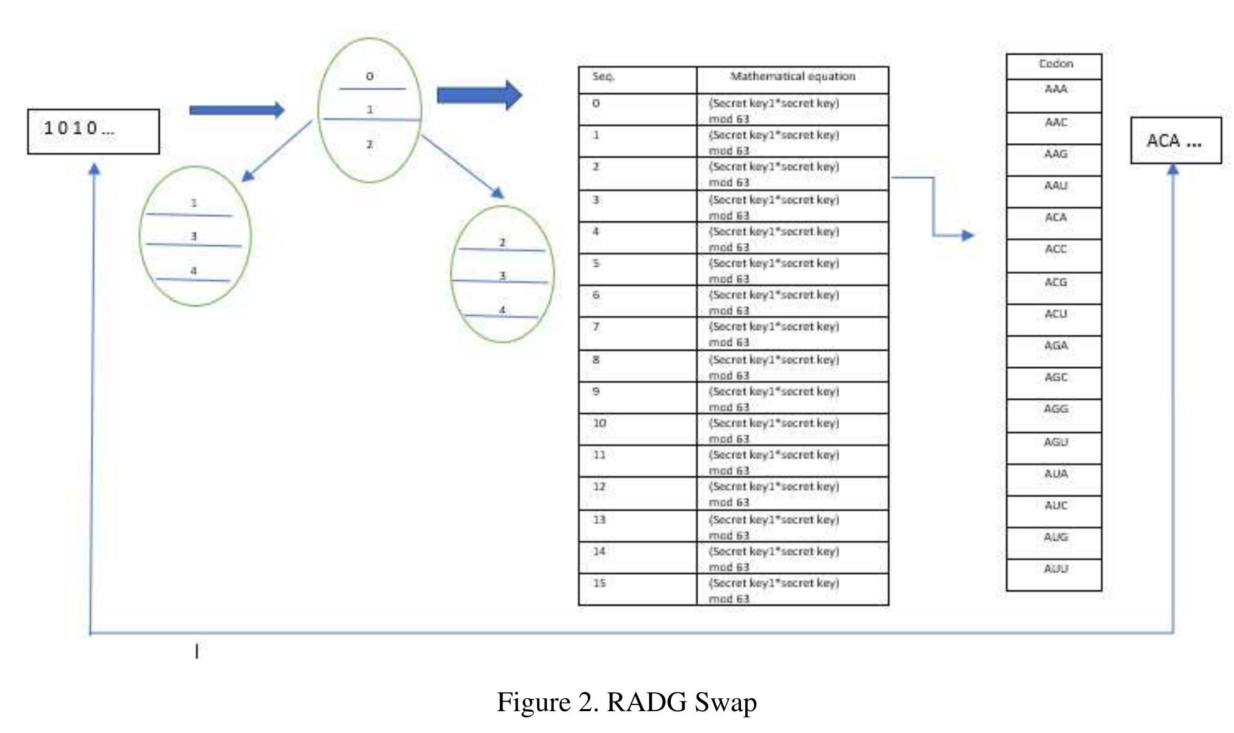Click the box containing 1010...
(x=93, y=131)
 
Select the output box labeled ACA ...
(x=1175, y=140)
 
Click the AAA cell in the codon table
(x=1054, y=95)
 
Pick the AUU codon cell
(x=1054, y=573)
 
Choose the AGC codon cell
(x=1054, y=382)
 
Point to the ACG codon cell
(x=1054, y=287)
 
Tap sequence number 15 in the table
(x=600, y=583)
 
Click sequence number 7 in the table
(x=597, y=327)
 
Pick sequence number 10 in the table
(x=600, y=423)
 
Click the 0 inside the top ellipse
(x=370, y=76)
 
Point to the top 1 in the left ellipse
(x=194, y=203)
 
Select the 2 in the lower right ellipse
(x=502, y=243)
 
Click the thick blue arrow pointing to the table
(x=479, y=95)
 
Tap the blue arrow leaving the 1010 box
(x=236, y=110)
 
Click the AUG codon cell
(x=1054, y=542)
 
